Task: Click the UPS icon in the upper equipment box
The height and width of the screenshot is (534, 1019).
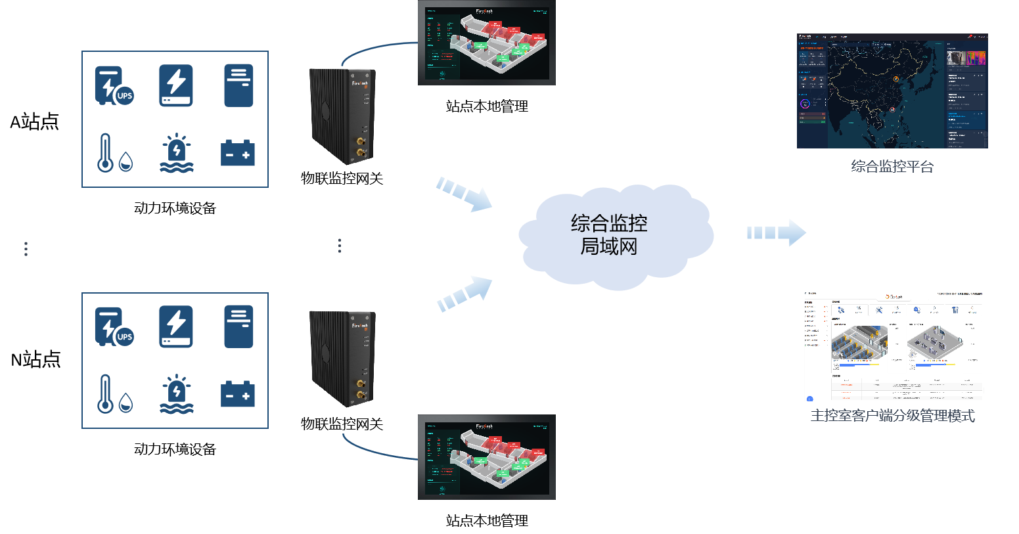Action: coord(113,86)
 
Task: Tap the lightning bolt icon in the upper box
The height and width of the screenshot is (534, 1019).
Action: coord(176,85)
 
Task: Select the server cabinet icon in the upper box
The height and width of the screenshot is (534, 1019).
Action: coord(238,85)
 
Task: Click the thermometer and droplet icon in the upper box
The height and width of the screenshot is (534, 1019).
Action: coord(114,153)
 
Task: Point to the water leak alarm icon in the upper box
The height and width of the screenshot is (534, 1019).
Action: coord(176,153)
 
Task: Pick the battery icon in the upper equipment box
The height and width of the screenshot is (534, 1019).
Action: coord(238,152)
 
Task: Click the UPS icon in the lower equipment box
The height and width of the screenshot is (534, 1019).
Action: coord(113,327)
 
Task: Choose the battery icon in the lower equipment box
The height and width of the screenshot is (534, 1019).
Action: coord(238,394)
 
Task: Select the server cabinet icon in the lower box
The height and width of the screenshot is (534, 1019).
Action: coord(238,326)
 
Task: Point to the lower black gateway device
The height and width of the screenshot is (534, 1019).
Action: coord(342,359)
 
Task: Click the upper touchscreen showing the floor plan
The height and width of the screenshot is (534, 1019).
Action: coord(487,43)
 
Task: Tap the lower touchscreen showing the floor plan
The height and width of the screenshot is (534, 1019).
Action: coord(487,457)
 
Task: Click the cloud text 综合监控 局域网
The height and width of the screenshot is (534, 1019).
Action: coord(609,234)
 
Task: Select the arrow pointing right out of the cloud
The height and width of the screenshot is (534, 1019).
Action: coord(776,233)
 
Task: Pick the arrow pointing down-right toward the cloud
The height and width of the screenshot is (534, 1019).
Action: coord(464,194)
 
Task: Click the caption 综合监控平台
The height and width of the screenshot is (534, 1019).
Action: coord(892,167)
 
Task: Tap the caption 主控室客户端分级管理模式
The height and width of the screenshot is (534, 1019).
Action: coord(892,416)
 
